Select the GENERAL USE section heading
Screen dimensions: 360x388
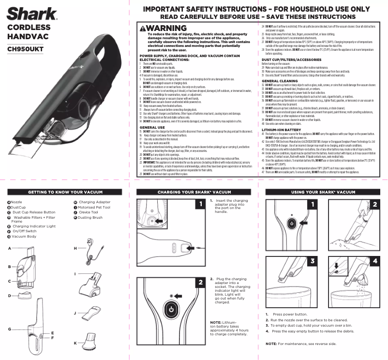click(x=151, y=127)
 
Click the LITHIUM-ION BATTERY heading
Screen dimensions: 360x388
click(x=281, y=130)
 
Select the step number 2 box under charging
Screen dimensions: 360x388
click(x=200, y=282)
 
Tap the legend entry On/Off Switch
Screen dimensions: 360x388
click(x=24, y=231)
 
